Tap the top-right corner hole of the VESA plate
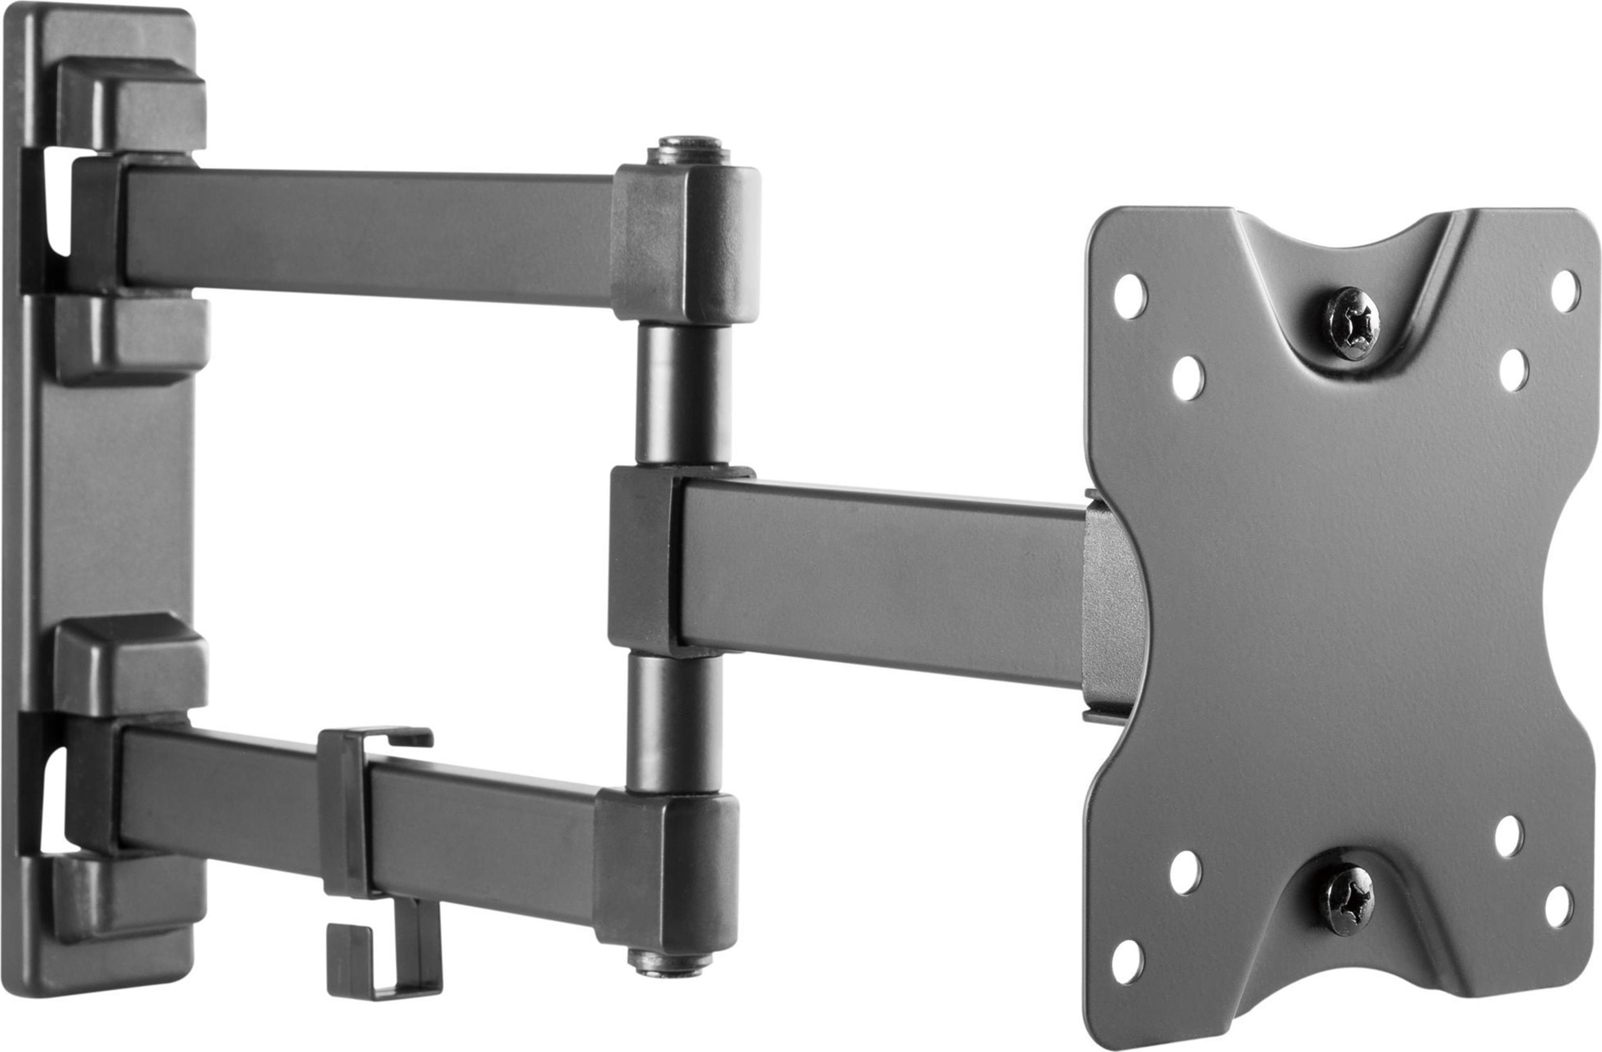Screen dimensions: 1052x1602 (x=1565, y=291)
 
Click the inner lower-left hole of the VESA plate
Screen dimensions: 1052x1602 (x=1186, y=872)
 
